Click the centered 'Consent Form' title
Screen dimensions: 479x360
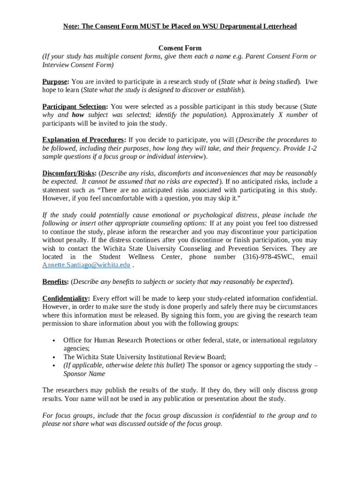pyautogui.click(x=180, y=48)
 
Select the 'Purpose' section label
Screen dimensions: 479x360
pyautogui.click(x=56, y=81)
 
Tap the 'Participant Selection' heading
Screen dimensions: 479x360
pyautogui.click(x=74, y=107)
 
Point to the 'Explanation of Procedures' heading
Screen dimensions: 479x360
pyautogui.click(x=83, y=140)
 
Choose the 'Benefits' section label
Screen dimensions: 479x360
pyautogui.click(x=55, y=282)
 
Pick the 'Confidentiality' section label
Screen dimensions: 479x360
pyautogui.click(x=65, y=298)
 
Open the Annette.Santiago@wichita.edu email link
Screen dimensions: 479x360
pyautogui.click(x=86, y=265)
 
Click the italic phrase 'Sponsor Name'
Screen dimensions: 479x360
pyautogui.click(x=84, y=374)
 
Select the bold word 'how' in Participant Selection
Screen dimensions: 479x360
pyautogui.click(x=78, y=115)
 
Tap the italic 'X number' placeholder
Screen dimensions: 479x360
pyautogui.click(x=293, y=115)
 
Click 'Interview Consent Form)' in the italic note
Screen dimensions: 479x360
pyautogui.click(x=78, y=65)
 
